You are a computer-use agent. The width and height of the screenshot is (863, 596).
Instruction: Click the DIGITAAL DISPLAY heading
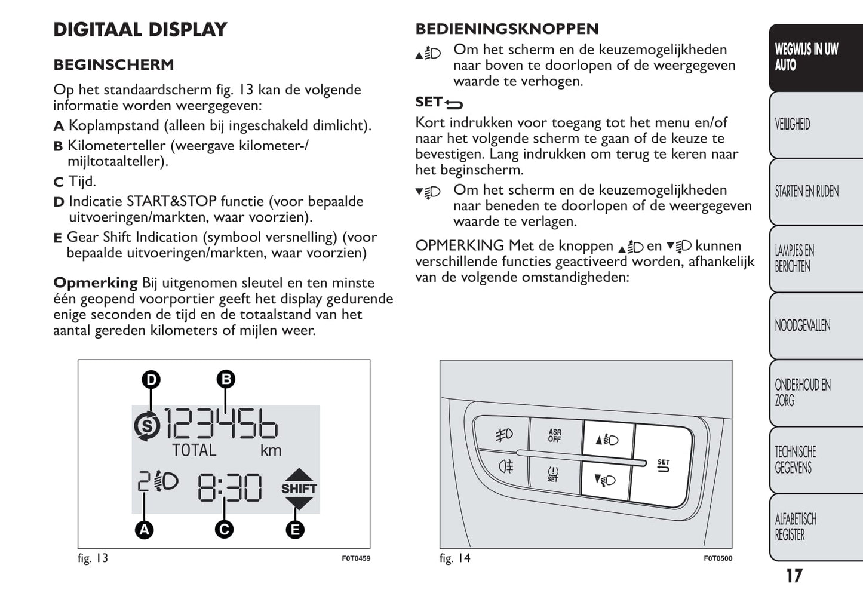[x=140, y=29]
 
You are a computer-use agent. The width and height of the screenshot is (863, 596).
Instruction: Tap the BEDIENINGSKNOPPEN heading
[x=506, y=29]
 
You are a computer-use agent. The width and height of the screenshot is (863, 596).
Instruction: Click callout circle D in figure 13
[x=151, y=379]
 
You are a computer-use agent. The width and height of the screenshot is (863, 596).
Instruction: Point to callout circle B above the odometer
[x=226, y=379]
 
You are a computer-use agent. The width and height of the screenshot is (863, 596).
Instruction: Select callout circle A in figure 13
[x=144, y=529]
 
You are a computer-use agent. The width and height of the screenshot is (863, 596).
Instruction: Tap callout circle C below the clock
[x=224, y=529]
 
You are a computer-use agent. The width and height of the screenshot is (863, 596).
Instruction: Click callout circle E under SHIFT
[x=295, y=529]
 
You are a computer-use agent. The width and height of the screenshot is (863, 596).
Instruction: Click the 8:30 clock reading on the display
[x=229, y=487]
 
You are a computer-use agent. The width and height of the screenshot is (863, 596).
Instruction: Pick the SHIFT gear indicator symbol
[x=299, y=489]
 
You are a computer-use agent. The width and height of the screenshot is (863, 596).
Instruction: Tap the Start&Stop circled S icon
[x=147, y=426]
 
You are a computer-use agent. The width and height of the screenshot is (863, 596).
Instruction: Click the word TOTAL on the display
[x=194, y=450]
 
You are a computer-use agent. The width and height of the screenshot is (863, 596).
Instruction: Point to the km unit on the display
[x=271, y=450]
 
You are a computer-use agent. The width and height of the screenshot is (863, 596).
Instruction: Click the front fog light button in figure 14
[x=504, y=435]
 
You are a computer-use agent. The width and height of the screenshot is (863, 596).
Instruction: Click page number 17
[x=794, y=576]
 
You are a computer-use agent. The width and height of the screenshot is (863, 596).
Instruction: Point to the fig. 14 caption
[x=454, y=558]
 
